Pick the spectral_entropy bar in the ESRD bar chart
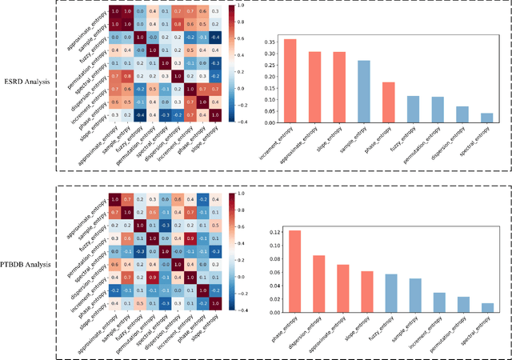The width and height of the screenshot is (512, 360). click(x=487, y=118)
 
